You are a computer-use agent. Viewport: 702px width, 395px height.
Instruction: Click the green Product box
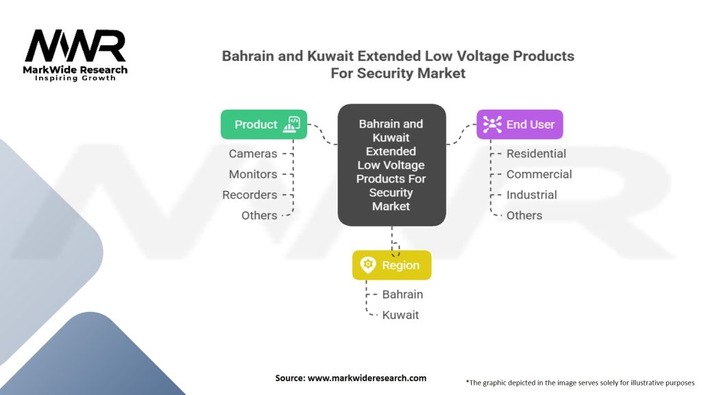tap(264, 125)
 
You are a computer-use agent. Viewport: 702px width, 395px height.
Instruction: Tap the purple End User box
tap(520, 125)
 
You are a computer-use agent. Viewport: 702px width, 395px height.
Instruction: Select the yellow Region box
tap(391, 265)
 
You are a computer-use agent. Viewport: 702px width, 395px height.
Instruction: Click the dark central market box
tap(391, 165)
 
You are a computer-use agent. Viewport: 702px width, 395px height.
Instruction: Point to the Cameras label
tap(253, 154)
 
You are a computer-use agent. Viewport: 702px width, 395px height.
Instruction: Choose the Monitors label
tap(253, 174)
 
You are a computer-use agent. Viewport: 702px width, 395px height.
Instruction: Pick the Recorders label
tap(250, 195)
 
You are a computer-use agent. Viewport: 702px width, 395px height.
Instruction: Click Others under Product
tap(259, 215)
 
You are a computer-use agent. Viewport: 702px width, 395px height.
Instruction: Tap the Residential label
tap(536, 154)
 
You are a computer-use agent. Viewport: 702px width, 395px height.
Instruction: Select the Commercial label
tap(539, 174)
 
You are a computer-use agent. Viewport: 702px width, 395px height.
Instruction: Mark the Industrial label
tap(532, 195)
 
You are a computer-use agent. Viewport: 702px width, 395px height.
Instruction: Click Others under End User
tap(524, 215)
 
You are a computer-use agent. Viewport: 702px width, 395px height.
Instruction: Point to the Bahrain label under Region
tap(402, 294)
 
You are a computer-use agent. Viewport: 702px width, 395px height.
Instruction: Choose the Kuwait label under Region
tap(400, 315)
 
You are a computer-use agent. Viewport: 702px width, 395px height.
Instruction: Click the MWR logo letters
tap(75, 46)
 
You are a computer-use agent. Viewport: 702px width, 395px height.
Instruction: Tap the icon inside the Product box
tap(292, 124)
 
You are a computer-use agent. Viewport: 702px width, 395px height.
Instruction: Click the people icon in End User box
tap(492, 125)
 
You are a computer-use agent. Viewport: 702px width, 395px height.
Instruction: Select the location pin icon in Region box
tap(368, 265)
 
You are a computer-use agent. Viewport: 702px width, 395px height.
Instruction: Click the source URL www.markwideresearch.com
tap(367, 378)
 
